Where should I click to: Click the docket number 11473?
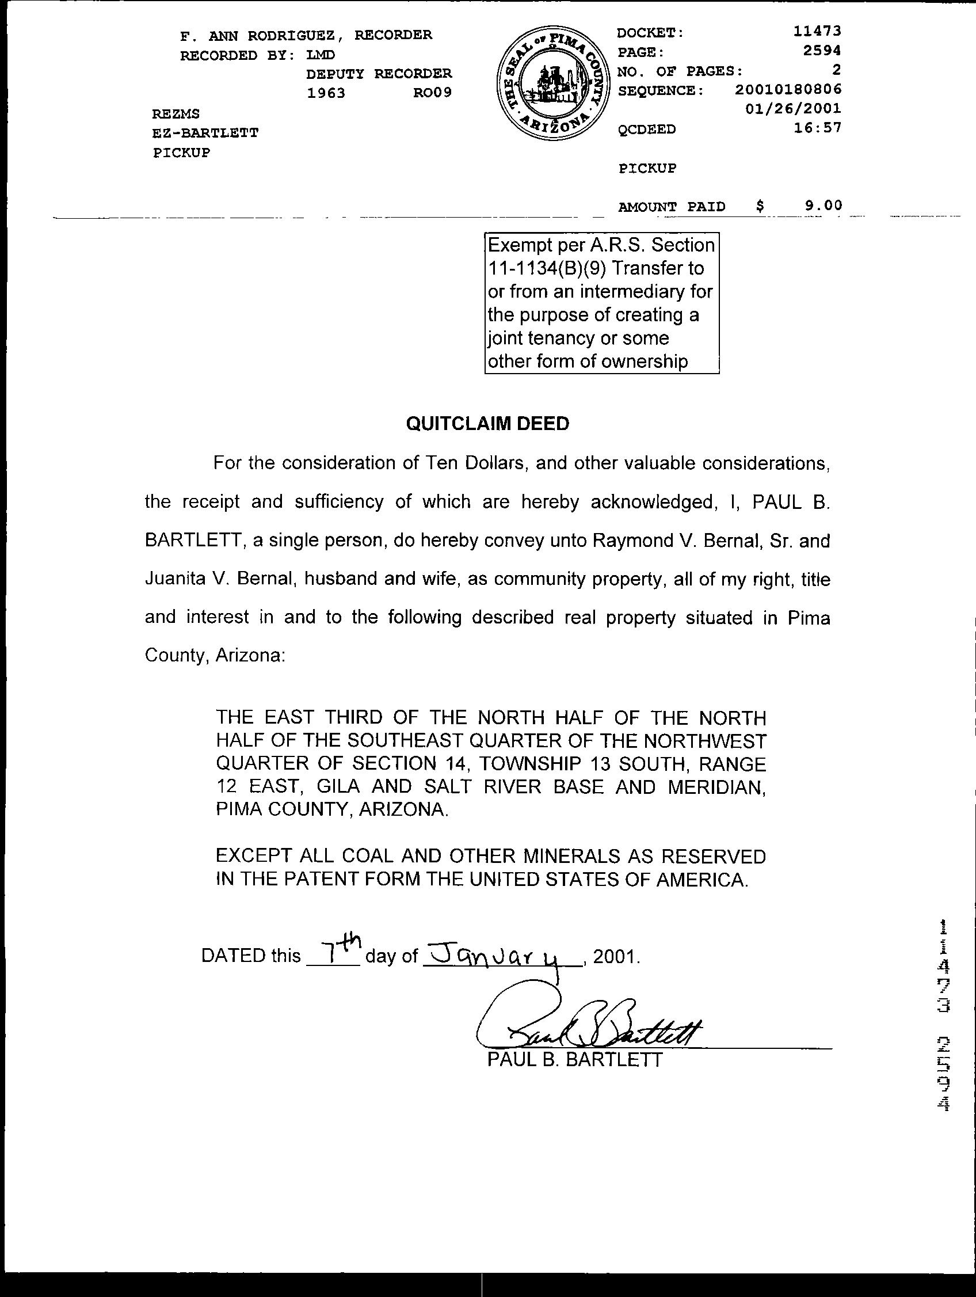point(817,32)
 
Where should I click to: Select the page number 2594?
point(822,51)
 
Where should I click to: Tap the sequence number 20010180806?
point(788,90)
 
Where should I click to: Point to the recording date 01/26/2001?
point(793,108)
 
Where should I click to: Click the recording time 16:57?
point(818,128)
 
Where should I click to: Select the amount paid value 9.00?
point(823,205)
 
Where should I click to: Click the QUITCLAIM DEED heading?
point(487,424)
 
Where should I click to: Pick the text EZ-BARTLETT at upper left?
point(205,132)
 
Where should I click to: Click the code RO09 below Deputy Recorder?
point(432,93)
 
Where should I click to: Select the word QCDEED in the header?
point(647,129)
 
